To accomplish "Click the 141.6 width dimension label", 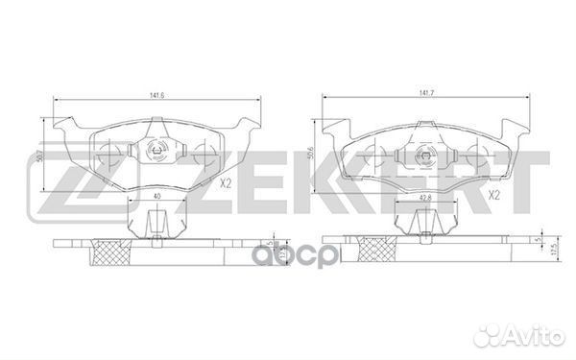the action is point(156,95).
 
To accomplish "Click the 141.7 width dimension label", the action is point(425,94).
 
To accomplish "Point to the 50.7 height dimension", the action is point(40,156).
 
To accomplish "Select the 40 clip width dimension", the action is point(156,196).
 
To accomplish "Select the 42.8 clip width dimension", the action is point(424,197).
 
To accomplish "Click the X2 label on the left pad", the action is point(226,183).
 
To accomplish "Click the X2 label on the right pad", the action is point(494,196).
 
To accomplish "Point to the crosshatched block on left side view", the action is point(112,252).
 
